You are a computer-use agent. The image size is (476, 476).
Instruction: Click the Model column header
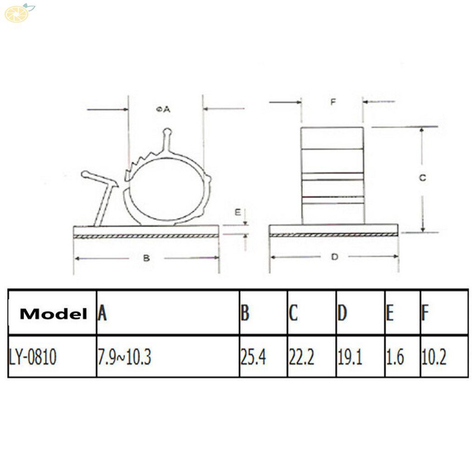(53, 314)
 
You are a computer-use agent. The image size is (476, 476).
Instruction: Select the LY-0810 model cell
(32, 357)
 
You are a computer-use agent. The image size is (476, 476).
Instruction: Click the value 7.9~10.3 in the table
(124, 357)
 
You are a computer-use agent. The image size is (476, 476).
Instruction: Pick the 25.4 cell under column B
(253, 357)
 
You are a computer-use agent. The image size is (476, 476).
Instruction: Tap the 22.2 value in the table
(301, 357)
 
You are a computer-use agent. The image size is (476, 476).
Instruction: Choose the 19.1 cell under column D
(350, 357)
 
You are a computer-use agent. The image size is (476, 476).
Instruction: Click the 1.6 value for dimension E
(395, 357)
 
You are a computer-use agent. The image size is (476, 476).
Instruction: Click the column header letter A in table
(102, 314)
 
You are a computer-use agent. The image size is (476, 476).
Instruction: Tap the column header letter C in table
(293, 314)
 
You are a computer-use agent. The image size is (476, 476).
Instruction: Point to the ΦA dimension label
(163, 109)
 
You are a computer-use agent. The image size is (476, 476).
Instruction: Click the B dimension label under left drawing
(146, 258)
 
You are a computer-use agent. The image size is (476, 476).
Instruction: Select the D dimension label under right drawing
(334, 257)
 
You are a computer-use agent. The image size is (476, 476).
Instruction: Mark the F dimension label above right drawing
(332, 102)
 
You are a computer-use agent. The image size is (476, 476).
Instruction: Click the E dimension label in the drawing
(238, 212)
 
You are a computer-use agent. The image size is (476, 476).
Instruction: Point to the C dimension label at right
(422, 178)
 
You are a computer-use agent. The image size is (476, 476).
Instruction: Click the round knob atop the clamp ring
(168, 132)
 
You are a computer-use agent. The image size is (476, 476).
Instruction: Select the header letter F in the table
(425, 314)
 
